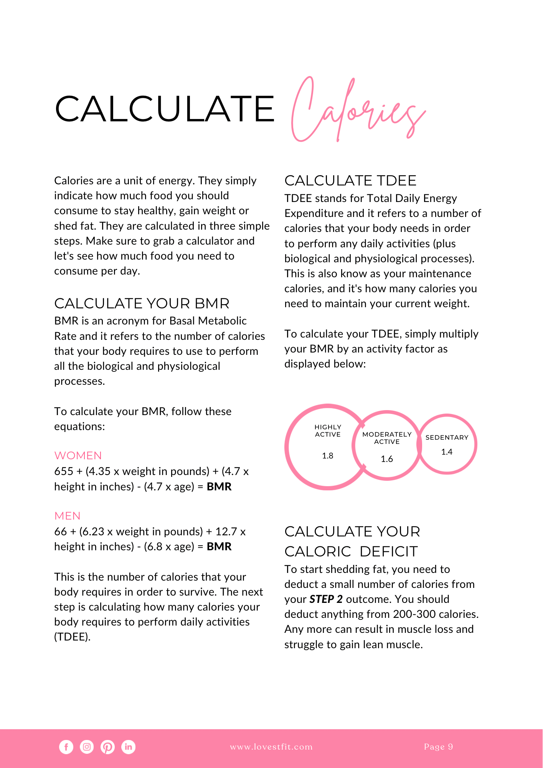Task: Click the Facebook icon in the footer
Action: pyautogui.click(x=66, y=747)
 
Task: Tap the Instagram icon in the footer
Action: pyautogui.click(x=87, y=747)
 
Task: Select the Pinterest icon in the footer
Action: pyautogui.click(x=107, y=747)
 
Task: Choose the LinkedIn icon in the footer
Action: pyautogui.click(x=128, y=747)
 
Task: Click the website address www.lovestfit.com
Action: pyautogui.click(x=271, y=747)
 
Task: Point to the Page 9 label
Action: pyautogui.click(x=438, y=747)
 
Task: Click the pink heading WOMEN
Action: pyautogui.click(x=78, y=455)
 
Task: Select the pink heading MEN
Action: pyautogui.click(x=68, y=516)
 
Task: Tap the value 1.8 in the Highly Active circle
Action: pyautogui.click(x=327, y=456)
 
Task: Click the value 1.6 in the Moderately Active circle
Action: pyautogui.click(x=387, y=459)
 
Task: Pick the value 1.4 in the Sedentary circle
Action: pyautogui.click(x=447, y=452)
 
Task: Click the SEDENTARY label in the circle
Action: pyautogui.click(x=447, y=437)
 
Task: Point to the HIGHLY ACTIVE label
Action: pyautogui.click(x=328, y=430)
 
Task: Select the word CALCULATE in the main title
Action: pyautogui.click(x=165, y=109)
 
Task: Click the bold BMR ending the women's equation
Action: pyautogui.click(x=219, y=487)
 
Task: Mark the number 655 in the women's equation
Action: pyautogui.click(x=64, y=471)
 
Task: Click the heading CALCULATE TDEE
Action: pyautogui.click(x=350, y=180)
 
